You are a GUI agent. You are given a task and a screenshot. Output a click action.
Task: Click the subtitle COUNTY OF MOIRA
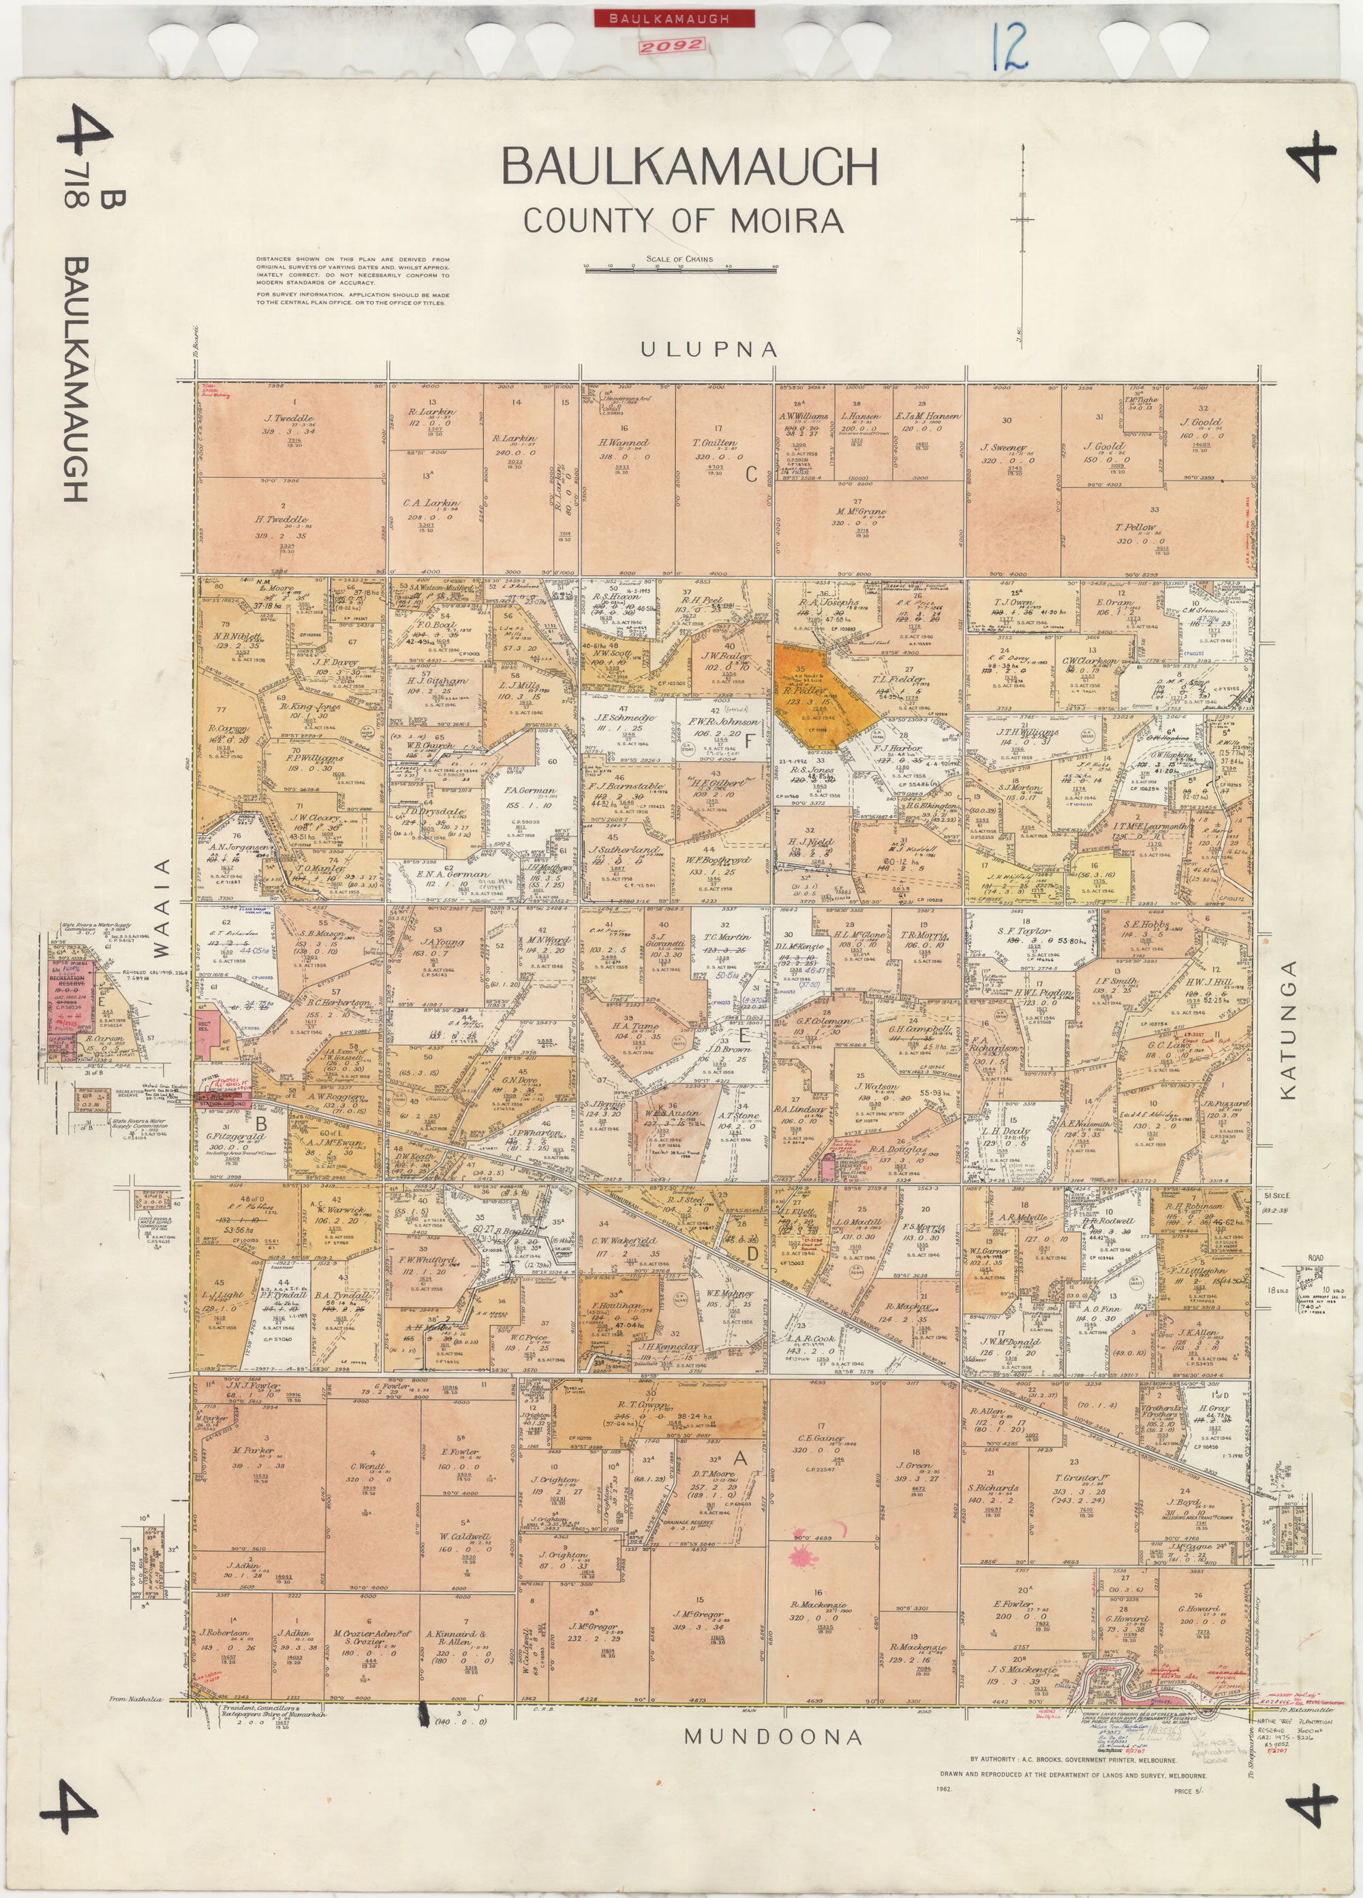click(x=683, y=221)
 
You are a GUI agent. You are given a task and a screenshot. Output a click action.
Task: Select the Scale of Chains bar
click(x=680, y=269)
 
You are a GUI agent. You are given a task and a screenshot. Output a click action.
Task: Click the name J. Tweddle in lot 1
click(x=289, y=418)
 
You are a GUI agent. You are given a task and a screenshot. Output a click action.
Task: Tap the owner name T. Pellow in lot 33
click(x=1135, y=528)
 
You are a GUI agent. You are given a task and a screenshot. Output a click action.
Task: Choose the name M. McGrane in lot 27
click(x=859, y=511)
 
